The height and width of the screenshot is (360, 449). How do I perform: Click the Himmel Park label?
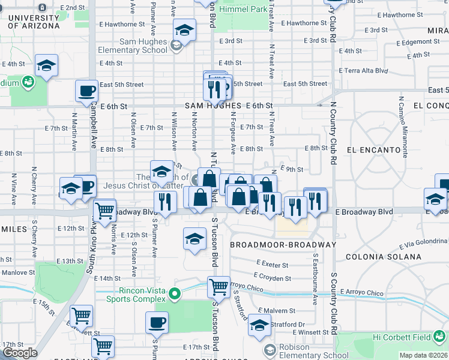tap(243, 10)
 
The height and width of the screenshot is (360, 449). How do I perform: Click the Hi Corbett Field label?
tap(410, 338)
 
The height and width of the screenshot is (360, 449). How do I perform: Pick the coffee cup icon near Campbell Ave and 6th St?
tap(86, 91)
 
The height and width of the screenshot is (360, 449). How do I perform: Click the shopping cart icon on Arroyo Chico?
tap(218, 287)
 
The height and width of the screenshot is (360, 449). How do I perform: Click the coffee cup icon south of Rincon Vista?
tap(157, 322)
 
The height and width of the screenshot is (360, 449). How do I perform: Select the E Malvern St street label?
tap(277, 311)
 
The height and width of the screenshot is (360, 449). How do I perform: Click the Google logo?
tap(19, 353)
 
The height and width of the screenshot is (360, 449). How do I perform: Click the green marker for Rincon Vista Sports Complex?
tap(175, 293)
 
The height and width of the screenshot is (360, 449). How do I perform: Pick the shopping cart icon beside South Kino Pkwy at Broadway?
tap(106, 211)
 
